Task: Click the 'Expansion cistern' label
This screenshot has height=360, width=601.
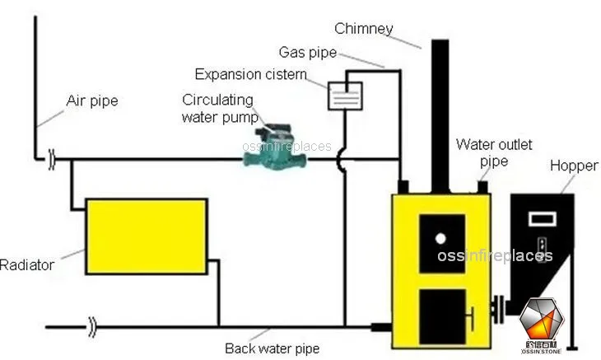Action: pyautogui.click(x=250, y=75)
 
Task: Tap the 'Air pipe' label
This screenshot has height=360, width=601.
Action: pyautogui.click(x=91, y=102)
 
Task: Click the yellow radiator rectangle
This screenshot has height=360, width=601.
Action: pyautogui.click(x=146, y=236)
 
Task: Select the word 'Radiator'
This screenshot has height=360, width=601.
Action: pyautogui.click(x=26, y=264)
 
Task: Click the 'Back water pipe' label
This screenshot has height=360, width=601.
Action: pyautogui.click(x=272, y=348)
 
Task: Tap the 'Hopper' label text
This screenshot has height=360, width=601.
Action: pyautogui.click(x=574, y=166)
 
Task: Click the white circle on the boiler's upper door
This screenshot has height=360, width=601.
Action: pyautogui.click(x=440, y=238)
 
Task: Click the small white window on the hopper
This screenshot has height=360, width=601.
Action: pyautogui.click(x=542, y=219)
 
